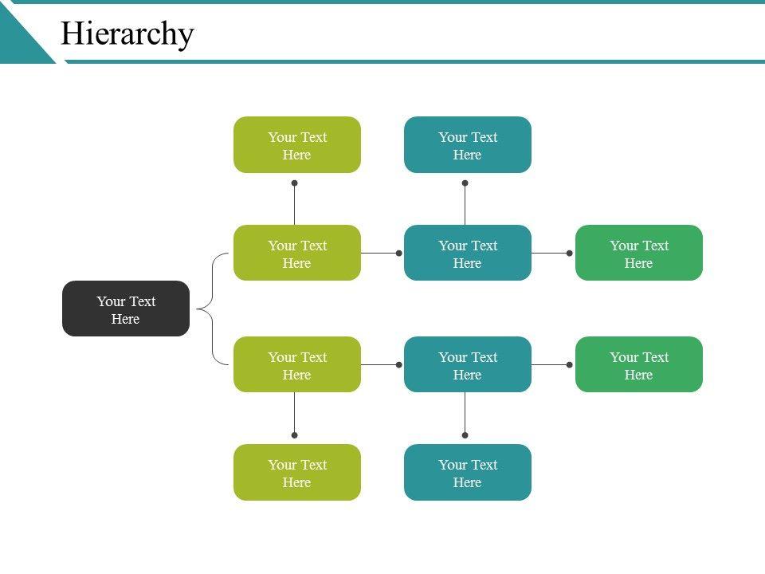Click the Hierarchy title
tap(127, 33)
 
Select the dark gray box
tap(126, 309)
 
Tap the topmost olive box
tap(297, 144)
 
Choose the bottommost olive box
tap(297, 472)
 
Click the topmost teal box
tap(468, 144)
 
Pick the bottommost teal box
tap(468, 472)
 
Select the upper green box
tap(639, 253)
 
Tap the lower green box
tap(639, 364)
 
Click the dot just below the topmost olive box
tap(294, 183)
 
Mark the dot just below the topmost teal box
tap(465, 183)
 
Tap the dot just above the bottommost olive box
tap(294, 435)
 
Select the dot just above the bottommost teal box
tap(465, 435)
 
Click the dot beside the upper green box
tap(569, 254)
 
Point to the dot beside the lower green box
tap(569, 364)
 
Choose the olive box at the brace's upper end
tap(297, 253)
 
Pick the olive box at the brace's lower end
tap(297, 364)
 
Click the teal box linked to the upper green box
tap(468, 253)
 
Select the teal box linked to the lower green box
tap(468, 364)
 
